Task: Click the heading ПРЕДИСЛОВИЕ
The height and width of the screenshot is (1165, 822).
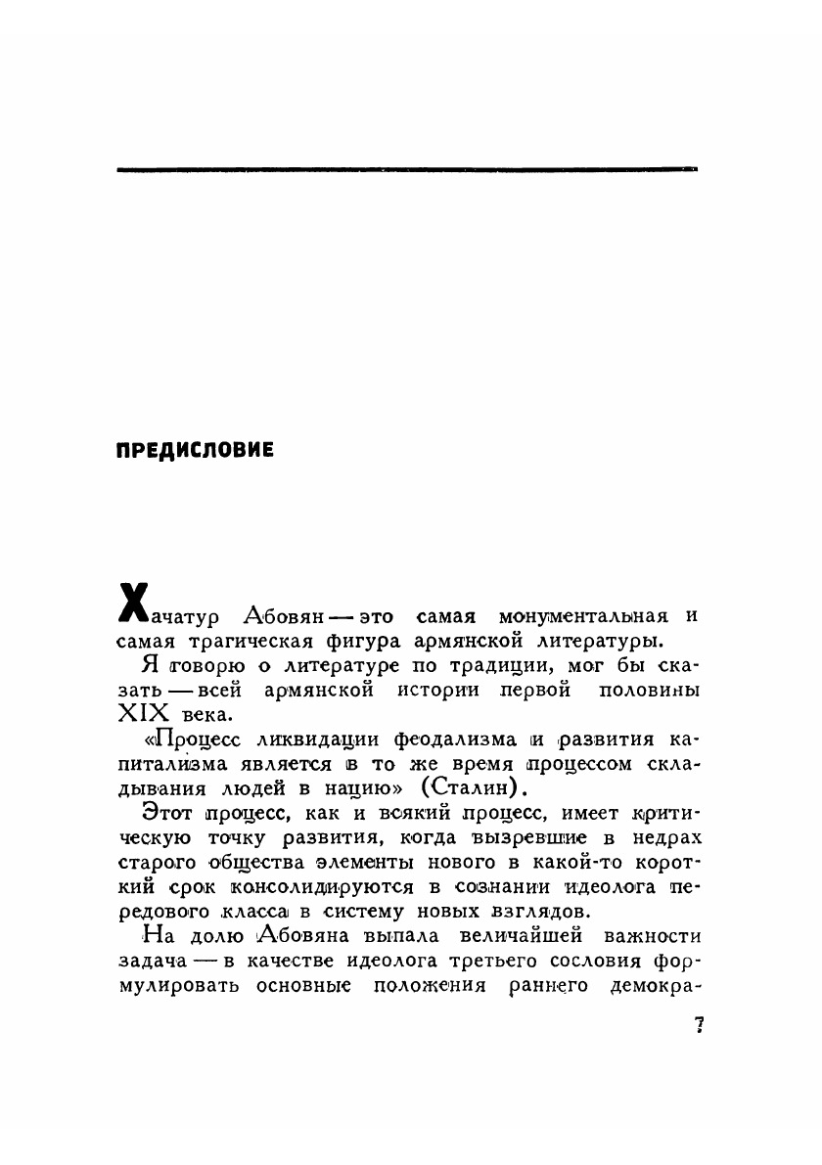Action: tap(195, 451)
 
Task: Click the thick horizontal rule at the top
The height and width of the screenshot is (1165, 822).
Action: tap(407, 170)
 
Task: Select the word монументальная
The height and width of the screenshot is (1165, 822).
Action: tap(583, 617)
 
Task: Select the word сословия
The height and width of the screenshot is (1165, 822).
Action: tap(532, 962)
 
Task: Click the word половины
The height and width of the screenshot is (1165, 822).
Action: tap(652, 690)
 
